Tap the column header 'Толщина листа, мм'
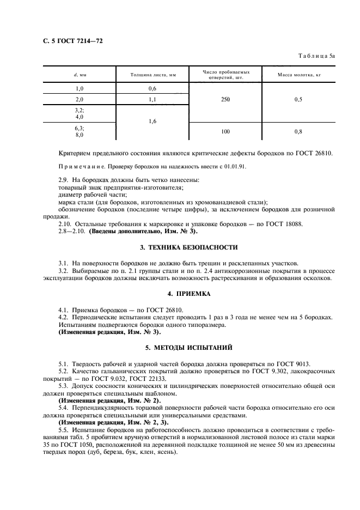[152, 74]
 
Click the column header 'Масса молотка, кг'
[298, 74]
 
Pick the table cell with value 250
[225, 99]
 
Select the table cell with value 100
[225, 131]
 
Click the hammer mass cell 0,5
[298, 99]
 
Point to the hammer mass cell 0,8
[298, 131]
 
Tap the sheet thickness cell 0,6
[152, 88]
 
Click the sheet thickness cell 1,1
[152, 99]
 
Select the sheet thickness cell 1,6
[152, 122]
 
